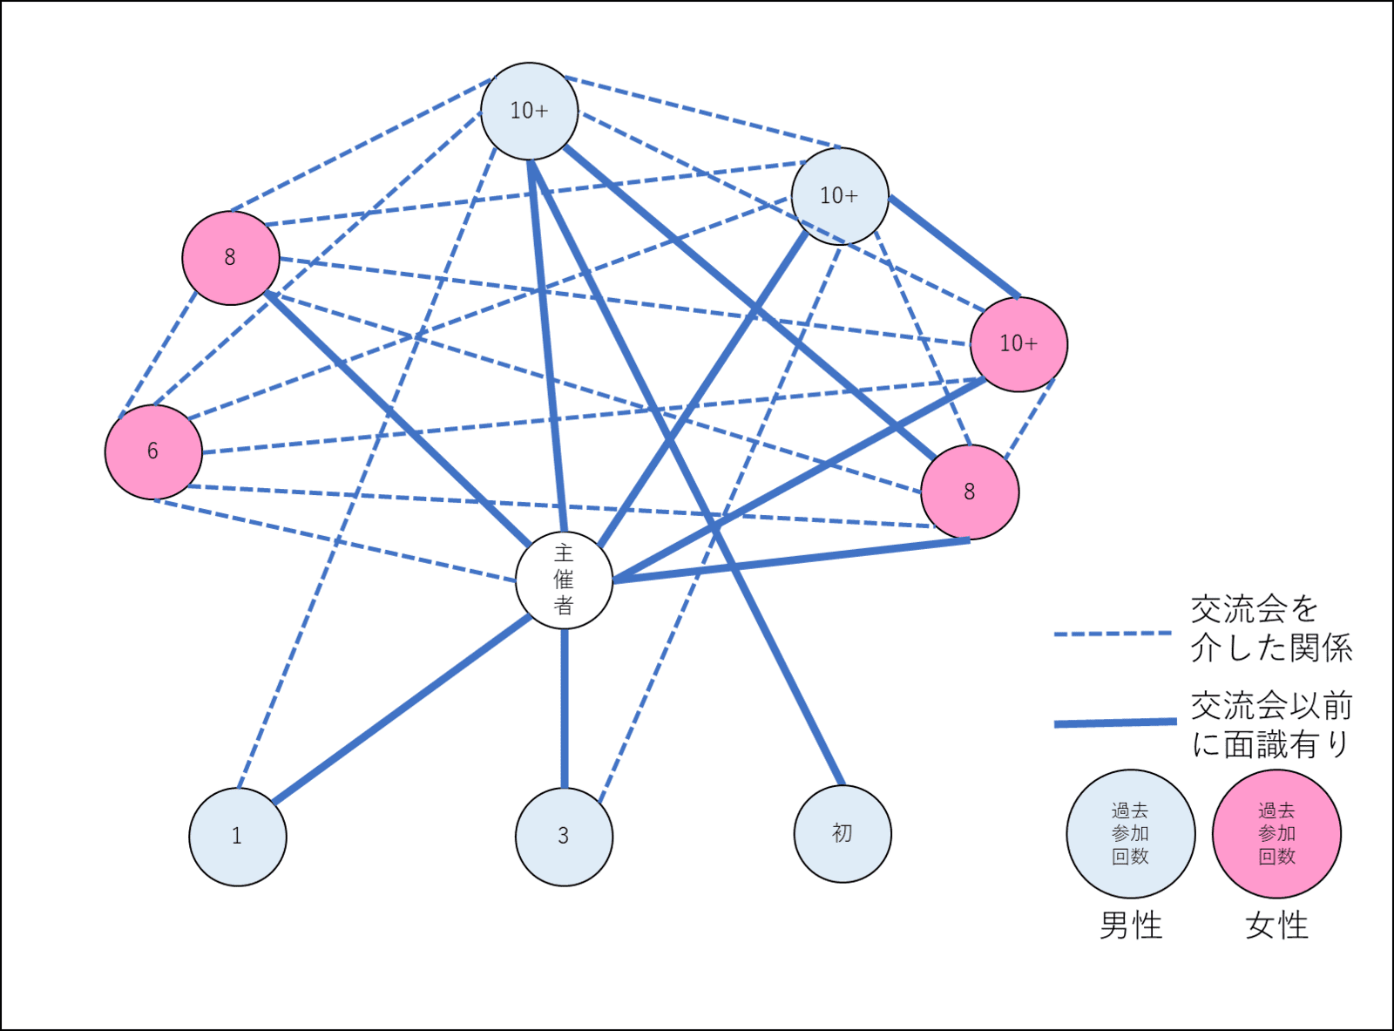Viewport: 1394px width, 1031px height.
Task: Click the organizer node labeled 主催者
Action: point(564,580)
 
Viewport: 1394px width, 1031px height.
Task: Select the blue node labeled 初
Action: point(842,834)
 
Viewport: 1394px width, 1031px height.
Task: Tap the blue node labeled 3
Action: point(564,837)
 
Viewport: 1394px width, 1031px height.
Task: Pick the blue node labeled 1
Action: point(237,837)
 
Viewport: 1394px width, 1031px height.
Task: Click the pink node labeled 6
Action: point(153,451)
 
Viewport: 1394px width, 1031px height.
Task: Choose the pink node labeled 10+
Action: point(1018,344)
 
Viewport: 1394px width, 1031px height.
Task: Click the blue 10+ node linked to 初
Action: point(529,111)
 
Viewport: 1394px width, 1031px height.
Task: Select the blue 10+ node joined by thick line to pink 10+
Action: point(839,196)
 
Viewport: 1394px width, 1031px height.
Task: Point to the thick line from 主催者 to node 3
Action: point(565,706)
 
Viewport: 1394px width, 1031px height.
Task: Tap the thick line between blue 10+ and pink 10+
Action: point(954,247)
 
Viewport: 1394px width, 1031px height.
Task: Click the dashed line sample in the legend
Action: point(1113,634)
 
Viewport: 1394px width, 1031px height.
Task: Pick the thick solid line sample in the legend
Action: point(1115,722)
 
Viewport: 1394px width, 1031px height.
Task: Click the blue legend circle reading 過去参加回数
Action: point(1130,834)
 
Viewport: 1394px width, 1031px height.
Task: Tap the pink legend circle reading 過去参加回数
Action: point(1276,834)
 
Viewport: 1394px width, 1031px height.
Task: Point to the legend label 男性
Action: point(1131,925)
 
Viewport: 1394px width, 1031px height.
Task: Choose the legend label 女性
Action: point(1276,925)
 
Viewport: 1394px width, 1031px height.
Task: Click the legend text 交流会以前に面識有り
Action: point(1271,724)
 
